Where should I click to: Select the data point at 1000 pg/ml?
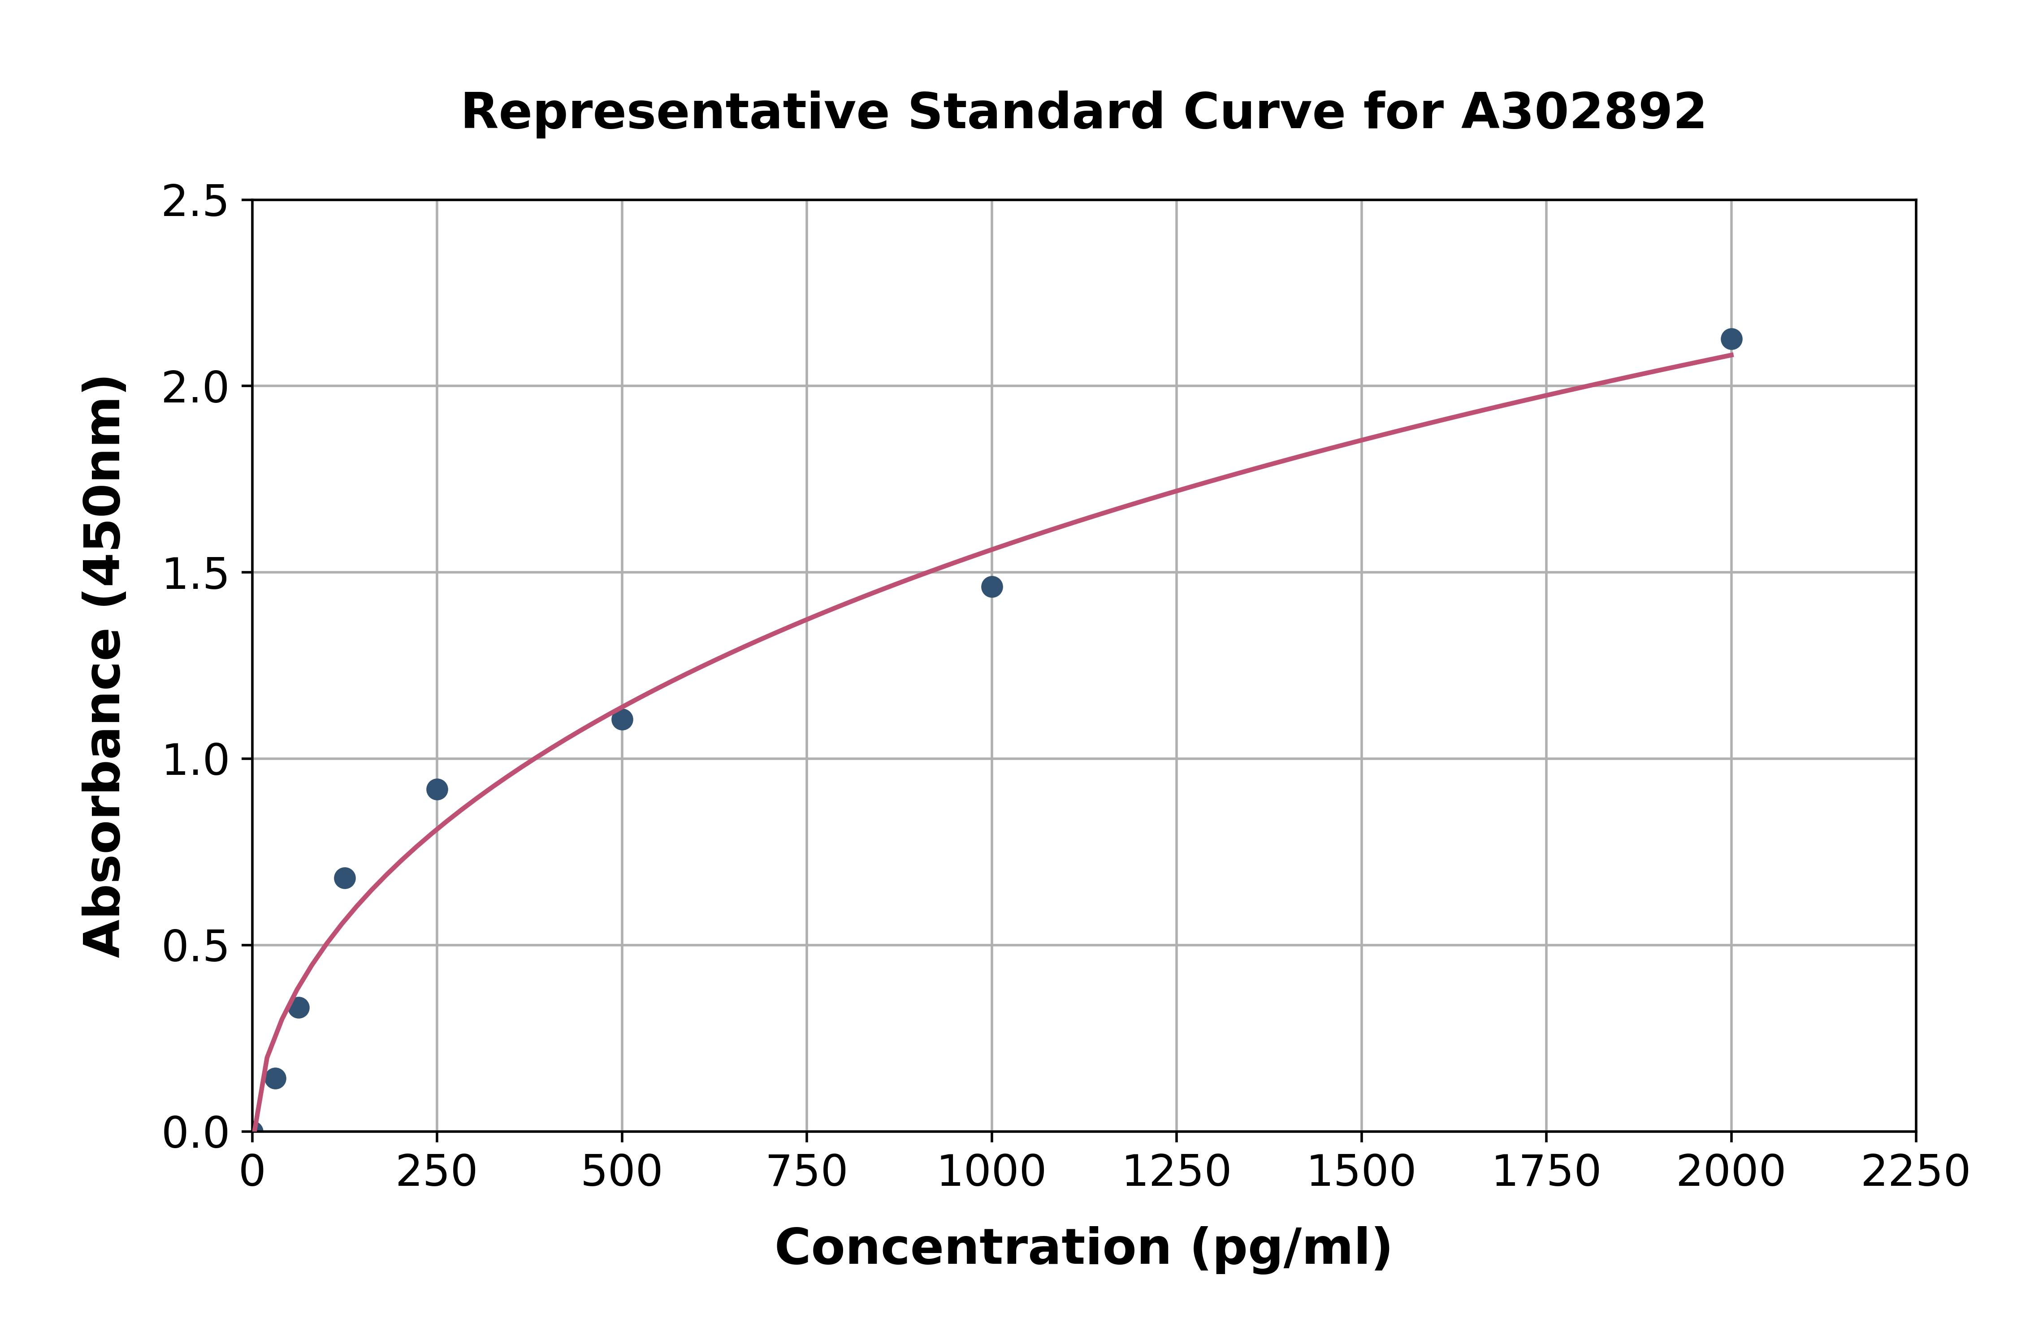click(x=991, y=587)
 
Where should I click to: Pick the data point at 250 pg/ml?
click(x=437, y=790)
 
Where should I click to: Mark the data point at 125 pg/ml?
click(x=345, y=878)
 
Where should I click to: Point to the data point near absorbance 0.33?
click(x=299, y=1007)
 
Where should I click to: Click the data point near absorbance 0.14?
click(x=275, y=1079)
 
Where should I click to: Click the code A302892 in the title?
click(x=1583, y=111)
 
